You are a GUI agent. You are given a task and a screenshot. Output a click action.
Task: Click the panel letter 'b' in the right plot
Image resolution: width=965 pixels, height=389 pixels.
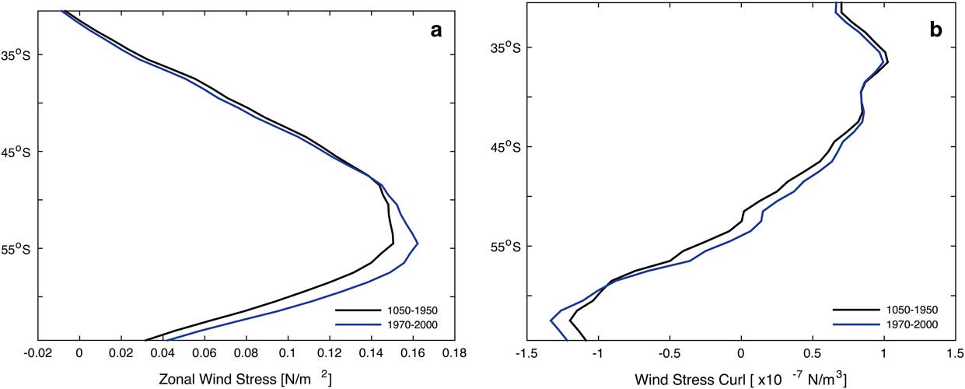(935, 30)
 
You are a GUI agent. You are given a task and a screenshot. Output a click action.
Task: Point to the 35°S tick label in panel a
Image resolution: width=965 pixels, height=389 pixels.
(16, 55)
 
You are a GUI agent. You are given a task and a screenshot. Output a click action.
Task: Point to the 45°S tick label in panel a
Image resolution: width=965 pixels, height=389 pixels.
(16, 152)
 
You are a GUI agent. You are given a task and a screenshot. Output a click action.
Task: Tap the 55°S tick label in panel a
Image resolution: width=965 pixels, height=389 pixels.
(16, 248)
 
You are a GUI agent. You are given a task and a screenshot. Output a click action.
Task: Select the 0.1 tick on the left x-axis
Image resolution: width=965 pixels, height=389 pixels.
(288, 352)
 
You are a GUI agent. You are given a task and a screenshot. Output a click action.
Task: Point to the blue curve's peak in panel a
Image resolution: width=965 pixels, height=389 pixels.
(418, 244)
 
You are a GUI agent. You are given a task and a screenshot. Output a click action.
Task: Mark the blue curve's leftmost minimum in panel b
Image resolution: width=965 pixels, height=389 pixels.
(551, 321)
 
